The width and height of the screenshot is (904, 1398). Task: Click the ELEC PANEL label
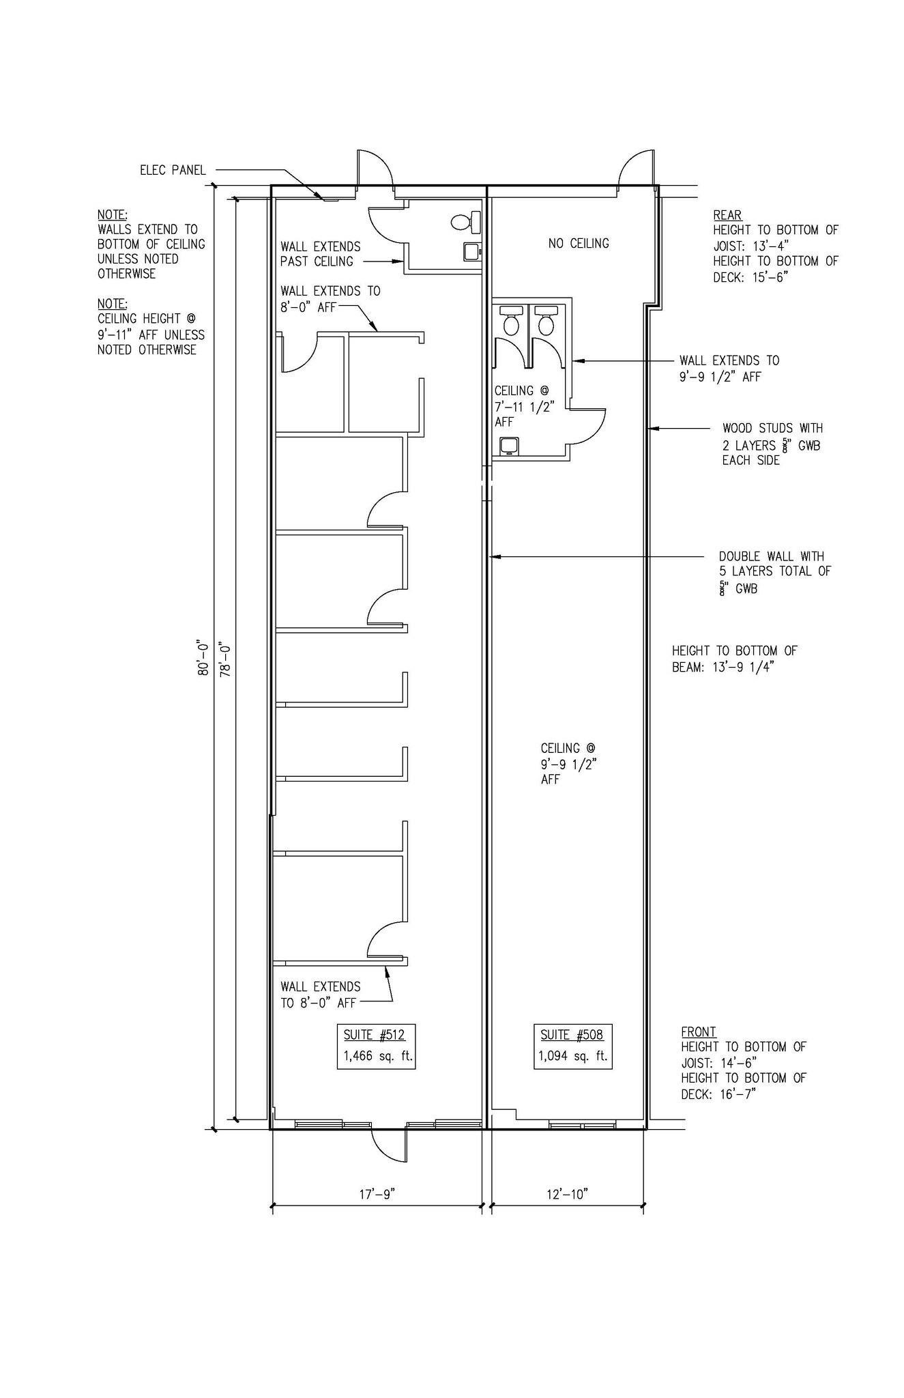click(x=173, y=170)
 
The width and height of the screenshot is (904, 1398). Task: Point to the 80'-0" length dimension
click(x=203, y=657)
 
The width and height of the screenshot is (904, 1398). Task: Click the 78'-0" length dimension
click(x=224, y=657)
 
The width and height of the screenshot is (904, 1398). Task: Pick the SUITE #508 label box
click(x=573, y=1046)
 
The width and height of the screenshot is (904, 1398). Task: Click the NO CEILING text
click(x=579, y=243)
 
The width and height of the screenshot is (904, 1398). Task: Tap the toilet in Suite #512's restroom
click(x=467, y=222)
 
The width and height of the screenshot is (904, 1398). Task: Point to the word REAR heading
click(x=727, y=215)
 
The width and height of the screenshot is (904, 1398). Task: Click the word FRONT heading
click(x=699, y=1032)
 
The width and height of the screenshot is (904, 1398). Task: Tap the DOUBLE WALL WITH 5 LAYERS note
click(x=775, y=572)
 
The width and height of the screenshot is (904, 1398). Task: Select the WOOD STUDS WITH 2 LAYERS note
click(x=772, y=444)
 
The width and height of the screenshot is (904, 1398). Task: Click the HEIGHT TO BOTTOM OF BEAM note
click(x=735, y=659)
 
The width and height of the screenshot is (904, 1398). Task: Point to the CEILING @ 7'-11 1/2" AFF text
click(x=524, y=406)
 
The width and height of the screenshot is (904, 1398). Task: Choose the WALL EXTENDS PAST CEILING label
click(x=320, y=254)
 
